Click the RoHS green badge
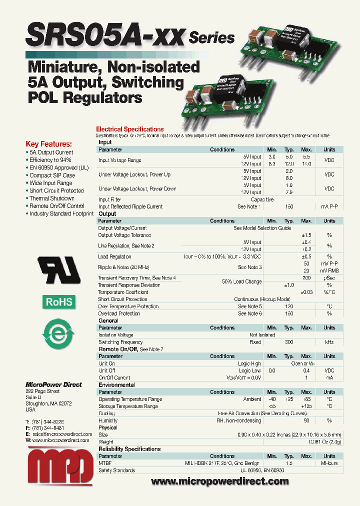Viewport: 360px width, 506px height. pyautogui.click(x=59, y=301)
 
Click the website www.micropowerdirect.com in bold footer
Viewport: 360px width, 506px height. pyautogui.click(x=219, y=481)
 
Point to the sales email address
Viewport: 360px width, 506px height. pyautogui.click(x=61, y=434)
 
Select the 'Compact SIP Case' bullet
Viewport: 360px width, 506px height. pyautogui.click(x=52, y=175)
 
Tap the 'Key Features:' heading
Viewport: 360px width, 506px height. pyautogui.click(x=48, y=143)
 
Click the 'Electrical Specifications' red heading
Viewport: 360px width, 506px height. pyautogui.click(x=129, y=129)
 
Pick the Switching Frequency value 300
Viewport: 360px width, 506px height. pyautogui.click(x=288, y=342)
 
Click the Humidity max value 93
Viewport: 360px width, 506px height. pyautogui.click(x=306, y=420)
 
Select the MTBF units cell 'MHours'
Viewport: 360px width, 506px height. pyautogui.click(x=329, y=463)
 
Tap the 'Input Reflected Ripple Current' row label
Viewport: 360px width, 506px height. pyautogui.click(x=130, y=206)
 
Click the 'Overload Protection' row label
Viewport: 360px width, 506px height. pyautogui.click(x=119, y=313)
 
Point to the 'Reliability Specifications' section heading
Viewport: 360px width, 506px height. pyautogui.click(x=129, y=449)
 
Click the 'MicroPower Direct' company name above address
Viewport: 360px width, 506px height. pyautogui.click(x=53, y=384)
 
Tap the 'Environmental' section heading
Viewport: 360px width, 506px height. pyautogui.click(x=116, y=385)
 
